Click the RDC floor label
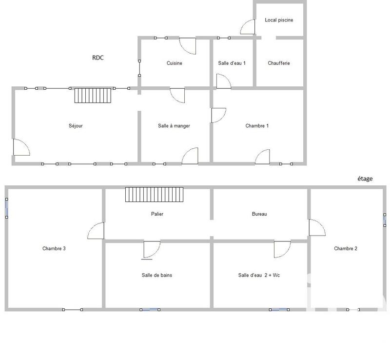(x=98, y=58)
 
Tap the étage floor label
(x=365, y=179)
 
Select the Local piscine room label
(x=279, y=20)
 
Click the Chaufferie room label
(x=279, y=63)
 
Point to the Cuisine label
(x=175, y=63)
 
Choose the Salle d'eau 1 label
(x=232, y=63)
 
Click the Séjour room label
(x=76, y=126)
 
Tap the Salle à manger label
(x=174, y=126)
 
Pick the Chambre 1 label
(x=257, y=126)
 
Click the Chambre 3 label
(x=54, y=248)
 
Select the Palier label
(x=157, y=214)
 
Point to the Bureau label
(x=259, y=214)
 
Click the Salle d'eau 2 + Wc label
(x=259, y=275)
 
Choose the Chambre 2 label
(x=346, y=248)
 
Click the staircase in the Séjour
(x=93, y=95)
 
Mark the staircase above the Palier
(x=154, y=194)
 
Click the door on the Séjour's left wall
(x=21, y=147)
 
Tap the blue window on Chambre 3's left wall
(x=7, y=209)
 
